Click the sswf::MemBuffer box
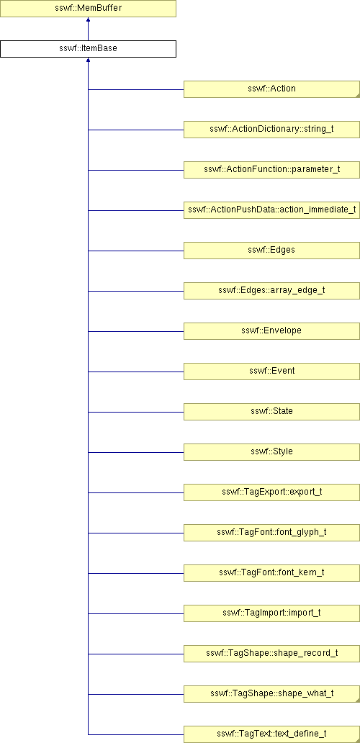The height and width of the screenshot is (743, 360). (88, 9)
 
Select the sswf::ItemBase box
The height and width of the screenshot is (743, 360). (88, 49)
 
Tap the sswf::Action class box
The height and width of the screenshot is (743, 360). (271, 89)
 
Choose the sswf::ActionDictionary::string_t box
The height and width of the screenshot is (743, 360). (271, 130)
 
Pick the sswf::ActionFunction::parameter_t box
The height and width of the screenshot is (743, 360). (271, 170)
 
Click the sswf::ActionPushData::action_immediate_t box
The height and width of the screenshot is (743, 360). (271, 210)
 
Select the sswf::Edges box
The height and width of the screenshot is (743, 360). (271, 251)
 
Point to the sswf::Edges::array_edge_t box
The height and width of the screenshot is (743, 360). (271, 290)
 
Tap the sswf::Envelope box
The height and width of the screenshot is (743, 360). (271, 330)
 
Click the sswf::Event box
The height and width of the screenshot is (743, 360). (271, 371)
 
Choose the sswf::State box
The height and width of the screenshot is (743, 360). (271, 411)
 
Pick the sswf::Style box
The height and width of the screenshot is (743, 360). (271, 451)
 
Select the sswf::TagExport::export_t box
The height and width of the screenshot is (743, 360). (271, 492)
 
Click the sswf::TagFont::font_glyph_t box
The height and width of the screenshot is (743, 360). (271, 532)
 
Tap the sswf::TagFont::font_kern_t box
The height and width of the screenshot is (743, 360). (271, 572)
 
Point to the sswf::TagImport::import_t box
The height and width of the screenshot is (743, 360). (271, 613)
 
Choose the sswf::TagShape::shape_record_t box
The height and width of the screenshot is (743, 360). (271, 653)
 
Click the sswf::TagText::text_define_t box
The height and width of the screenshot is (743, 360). (271, 734)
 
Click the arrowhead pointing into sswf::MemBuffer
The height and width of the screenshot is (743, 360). (88, 20)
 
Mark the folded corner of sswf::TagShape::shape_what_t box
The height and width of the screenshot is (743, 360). (357, 699)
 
